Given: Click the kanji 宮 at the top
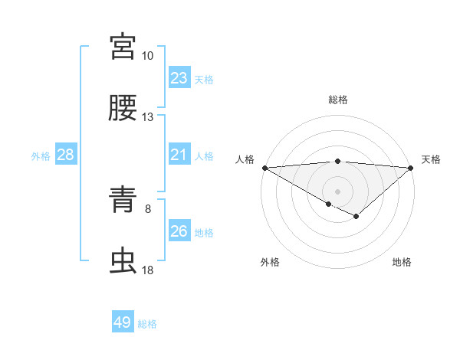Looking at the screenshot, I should coord(123,47).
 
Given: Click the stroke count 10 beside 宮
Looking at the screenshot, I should coord(148,56).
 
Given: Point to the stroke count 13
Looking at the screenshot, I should coord(148,117).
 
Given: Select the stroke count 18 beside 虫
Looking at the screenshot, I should coord(148,270).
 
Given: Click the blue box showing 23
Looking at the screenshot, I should coord(179,78).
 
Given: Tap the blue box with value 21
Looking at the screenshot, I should coord(179,155).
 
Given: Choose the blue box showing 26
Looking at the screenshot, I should coord(179,231).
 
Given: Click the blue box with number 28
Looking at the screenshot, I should coord(66,155).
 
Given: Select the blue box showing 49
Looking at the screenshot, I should coord(123,322).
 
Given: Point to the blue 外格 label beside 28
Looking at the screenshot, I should coord(41,156).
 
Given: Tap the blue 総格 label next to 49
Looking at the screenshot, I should coord(147,324).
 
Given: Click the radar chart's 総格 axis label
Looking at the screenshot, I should coord(338,100).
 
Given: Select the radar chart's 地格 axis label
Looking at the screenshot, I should coord(402,263).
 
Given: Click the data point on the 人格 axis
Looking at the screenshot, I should coord(264,168).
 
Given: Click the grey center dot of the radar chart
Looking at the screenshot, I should coord(337,191).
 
